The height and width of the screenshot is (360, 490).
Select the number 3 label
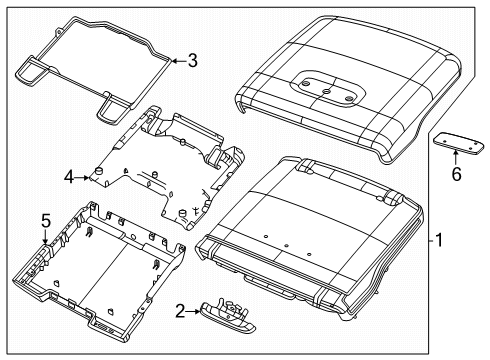point(192,61)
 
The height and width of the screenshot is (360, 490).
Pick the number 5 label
point(45,220)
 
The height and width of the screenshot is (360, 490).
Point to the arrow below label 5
point(45,237)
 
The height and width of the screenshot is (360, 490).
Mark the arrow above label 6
point(457,156)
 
